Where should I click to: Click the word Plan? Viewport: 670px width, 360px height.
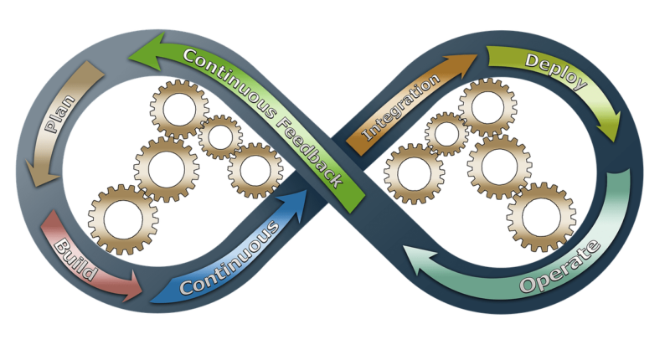[x=60, y=114]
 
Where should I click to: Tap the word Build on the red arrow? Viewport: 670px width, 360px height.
[x=76, y=260]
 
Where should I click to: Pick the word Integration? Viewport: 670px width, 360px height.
[x=401, y=107]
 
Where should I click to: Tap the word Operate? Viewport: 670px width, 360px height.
[x=560, y=267]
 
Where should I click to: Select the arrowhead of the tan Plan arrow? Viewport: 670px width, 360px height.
[x=41, y=173]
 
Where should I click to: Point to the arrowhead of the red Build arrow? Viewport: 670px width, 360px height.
[x=131, y=286]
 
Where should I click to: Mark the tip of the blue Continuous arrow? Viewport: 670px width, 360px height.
[x=307, y=189]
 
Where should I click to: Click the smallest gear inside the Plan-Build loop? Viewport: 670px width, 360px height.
[x=220, y=137]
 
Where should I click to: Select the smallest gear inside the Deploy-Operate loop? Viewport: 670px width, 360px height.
[x=446, y=134]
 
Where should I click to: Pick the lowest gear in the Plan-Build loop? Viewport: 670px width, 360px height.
[x=123, y=219]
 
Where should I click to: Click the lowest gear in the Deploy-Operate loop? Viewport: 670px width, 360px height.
[x=541, y=217]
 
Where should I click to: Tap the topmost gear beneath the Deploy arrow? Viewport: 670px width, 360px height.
[x=487, y=107]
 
